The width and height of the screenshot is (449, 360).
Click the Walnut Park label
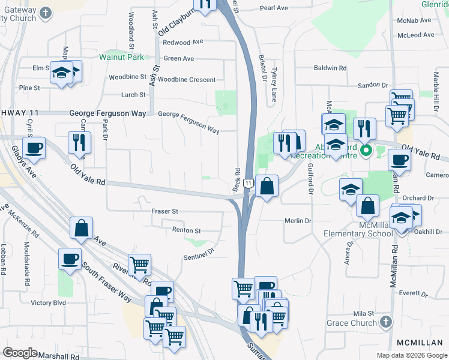click(122, 58)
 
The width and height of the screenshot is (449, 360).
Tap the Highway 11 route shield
click(248, 181)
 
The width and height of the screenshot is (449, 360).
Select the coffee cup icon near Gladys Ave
click(34, 148)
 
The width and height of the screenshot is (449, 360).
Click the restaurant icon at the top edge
click(205, 5)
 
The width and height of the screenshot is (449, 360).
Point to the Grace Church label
click(351, 323)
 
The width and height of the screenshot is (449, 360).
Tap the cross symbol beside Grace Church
click(386, 322)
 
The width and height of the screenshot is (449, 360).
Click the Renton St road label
click(186, 230)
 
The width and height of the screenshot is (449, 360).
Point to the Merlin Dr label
click(298, 221)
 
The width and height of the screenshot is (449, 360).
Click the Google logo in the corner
click(20, 352)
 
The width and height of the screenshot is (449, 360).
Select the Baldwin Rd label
click(331, 68)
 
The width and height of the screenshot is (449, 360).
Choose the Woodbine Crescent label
click(187, 79)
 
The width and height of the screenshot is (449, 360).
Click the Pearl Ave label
click(274, 8)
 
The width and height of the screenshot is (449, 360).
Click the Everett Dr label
click(412, 295)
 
